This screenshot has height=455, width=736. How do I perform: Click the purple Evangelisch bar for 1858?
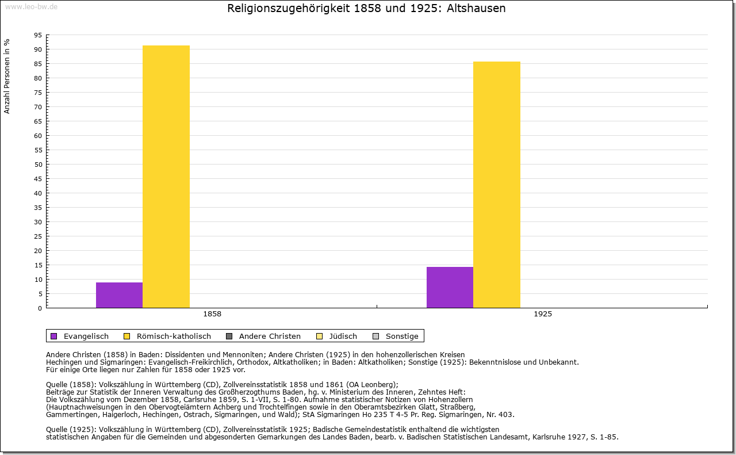click(x=119, y=295)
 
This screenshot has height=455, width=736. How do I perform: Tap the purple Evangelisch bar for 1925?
click(x=450, y=287)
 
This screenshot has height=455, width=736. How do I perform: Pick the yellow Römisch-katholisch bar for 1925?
click(x=497, y=185)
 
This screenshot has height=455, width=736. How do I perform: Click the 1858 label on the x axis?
click(x=212, y=315)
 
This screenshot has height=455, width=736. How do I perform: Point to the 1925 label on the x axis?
click(x=543, y=315)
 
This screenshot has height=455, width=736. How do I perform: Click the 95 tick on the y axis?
click(x=38, y=35)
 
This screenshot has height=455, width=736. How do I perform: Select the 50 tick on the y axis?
click(x=38, y=165)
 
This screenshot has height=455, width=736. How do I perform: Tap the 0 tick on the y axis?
click(x=40, y=308)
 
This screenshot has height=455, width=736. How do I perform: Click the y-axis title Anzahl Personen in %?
click(x=7, y=76)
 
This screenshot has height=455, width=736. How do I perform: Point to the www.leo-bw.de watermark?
click(x=31, y=6)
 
